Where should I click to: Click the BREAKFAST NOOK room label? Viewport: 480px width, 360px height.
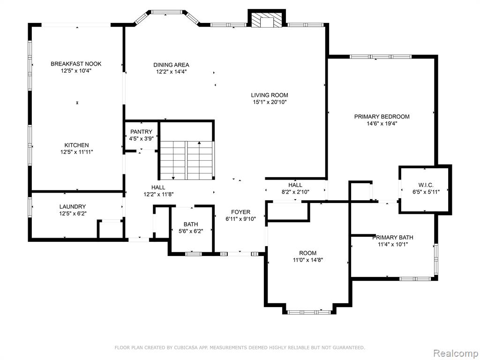tap(76, 64)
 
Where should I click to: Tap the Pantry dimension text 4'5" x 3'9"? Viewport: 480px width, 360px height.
tap(141, 138)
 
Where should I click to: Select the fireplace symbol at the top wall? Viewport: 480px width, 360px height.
tap(266, 19)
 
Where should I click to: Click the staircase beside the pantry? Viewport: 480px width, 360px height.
tap(187, 160)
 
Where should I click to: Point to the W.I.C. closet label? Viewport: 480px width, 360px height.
tap(426, 185)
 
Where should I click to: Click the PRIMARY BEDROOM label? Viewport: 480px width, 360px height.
tap(382, 117)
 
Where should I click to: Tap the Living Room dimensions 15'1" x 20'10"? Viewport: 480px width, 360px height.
tap(270, 102)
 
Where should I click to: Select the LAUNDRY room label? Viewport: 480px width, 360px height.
tap(73, 207)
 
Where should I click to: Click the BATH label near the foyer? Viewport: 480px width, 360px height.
tap(191, 225)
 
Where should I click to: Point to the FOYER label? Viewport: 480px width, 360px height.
tap(240, 212)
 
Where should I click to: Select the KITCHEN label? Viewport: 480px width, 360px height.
tap(76, 145)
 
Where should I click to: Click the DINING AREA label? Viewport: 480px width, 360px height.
tap(171, 65)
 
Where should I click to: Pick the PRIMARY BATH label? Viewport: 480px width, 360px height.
tap(393, 238)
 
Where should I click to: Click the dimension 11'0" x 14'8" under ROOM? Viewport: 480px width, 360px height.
tap(308, 260)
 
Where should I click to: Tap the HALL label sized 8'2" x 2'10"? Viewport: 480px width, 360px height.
tap(295, 185)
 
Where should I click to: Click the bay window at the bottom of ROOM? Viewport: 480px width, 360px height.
tap(309, 312)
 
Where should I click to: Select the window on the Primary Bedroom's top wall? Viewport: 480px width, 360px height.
tap(381, 57)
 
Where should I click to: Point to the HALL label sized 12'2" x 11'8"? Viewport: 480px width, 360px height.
tap(158, 187)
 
